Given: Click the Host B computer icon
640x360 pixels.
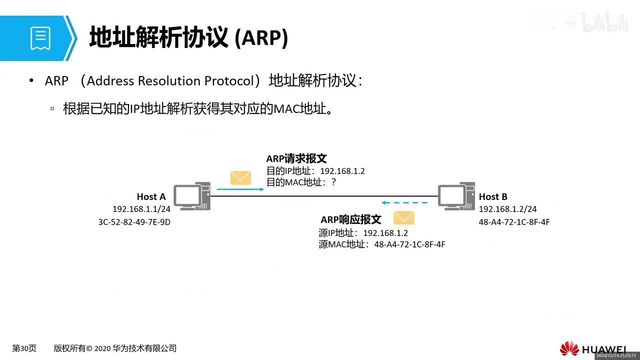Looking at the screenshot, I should point(456,196).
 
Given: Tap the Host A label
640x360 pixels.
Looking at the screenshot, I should point(151,197).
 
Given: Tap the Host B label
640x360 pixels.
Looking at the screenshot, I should point(493,197).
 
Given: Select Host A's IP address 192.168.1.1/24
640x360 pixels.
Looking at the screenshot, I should point(141,209).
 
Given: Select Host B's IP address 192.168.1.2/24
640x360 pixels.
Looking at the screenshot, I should point(507,209).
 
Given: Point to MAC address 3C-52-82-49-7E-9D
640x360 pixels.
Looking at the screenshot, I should point(134,222).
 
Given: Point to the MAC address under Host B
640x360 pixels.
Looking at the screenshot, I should point(514,222).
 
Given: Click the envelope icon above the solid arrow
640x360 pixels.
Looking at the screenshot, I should point(240,178).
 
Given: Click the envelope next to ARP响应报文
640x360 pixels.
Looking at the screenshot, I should point(403,218).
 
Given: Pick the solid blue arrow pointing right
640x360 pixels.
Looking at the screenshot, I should point(240,189).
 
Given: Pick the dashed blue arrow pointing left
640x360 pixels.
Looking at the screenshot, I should point(404,203).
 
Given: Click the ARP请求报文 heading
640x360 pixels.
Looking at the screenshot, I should point(296,158).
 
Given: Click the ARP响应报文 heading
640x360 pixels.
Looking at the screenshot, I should point(351,220).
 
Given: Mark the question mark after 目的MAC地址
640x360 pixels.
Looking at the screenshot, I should point(333,182).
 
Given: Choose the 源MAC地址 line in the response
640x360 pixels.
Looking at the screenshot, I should point(381,244).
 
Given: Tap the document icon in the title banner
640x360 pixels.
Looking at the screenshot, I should point(40,38).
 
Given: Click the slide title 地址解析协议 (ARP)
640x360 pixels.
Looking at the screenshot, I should point(188,38).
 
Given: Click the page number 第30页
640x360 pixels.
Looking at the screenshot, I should point(24,348).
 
